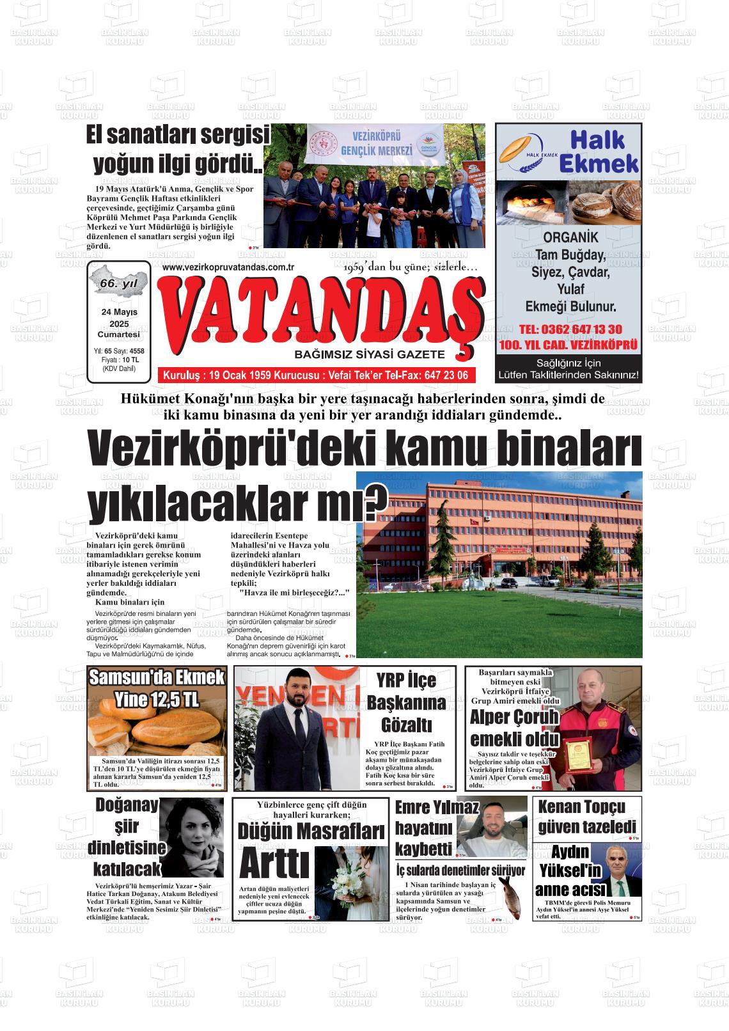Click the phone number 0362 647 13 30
(x=570, y=329)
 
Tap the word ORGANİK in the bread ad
(x=568, y=237)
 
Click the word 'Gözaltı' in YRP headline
(x=407, y=725)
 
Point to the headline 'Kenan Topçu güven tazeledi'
(x=586, y=816)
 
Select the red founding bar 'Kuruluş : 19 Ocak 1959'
(x=315, y=375)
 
